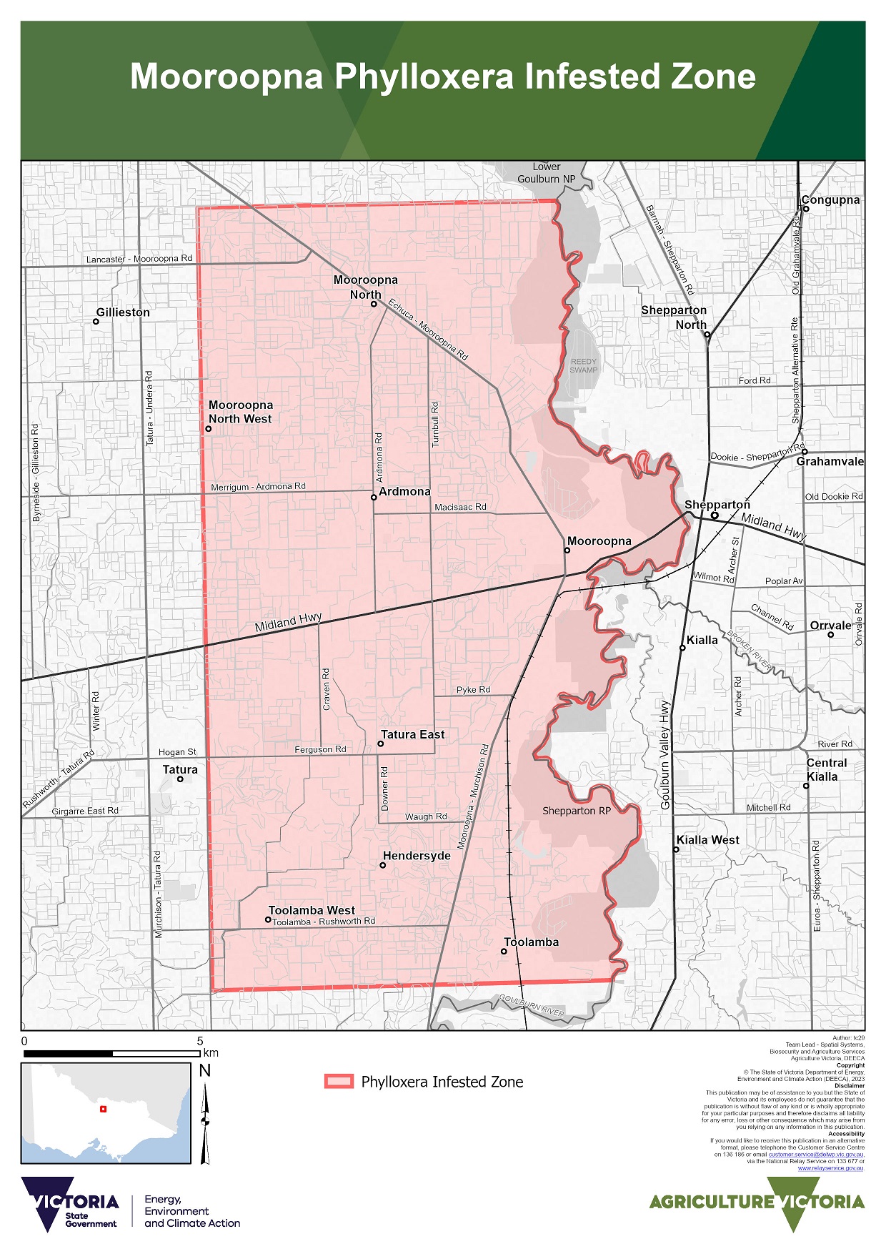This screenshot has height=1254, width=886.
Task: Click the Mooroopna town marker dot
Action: click(x=567, y=551)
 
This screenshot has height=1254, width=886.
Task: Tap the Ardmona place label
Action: click(x=404, y=491)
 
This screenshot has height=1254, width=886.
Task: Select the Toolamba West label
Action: click(x=312, y=910)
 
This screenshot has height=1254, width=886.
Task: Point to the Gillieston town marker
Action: click(x=96, y=322)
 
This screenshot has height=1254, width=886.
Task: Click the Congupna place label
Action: click(x=830, y=200)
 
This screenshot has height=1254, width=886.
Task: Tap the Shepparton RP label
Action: click(x=577, y=811)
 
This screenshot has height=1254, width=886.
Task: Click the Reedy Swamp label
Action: click(x=584, y=366)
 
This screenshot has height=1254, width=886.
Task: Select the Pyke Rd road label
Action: click(x=473, y=690)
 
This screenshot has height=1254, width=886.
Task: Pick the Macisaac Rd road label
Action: click(x=460, y=507)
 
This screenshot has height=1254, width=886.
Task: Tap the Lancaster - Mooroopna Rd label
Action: click(x=139, y=259)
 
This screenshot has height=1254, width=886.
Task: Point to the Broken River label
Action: click(x=750, y=651)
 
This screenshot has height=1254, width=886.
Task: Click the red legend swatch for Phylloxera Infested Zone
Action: click(x=339, y=1082)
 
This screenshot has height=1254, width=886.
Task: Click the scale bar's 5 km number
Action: click(x=200, y=1041)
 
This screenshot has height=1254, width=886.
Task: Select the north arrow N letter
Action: click(x=205, y=1070)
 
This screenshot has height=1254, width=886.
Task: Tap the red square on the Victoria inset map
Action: click(x=103, y=1109)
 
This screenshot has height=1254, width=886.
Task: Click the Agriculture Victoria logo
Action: click(x=757, y=1203)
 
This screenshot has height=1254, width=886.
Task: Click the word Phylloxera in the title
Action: click(x=424, y=77)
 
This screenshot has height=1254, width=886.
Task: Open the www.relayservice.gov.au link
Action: click(x=831, y=1168)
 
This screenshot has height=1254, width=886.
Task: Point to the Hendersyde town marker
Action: click(x=382, y=866)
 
